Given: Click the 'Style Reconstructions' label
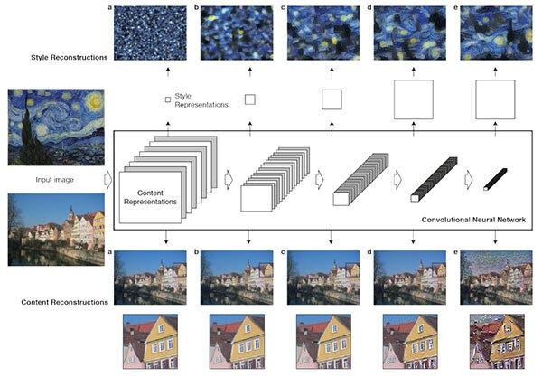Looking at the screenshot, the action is point(70,58).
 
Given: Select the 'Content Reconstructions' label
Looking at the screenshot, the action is point(65,302).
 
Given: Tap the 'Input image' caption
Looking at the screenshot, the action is point(54,180).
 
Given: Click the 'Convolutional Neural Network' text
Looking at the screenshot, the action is point(473,220).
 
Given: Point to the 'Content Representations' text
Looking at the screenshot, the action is point(150,197).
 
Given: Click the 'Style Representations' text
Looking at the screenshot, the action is point(201,100).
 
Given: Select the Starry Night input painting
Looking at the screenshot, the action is point(56,127).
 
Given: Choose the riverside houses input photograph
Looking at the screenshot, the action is point(56,230).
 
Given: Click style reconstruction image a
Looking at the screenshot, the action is point(150,33).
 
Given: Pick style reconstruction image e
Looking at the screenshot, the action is point(496,33).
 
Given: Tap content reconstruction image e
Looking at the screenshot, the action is point(496,278).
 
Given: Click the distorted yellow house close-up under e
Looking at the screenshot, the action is point(497,342).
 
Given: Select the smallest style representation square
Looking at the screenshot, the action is point(168,99).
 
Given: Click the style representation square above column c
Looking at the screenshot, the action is point(332,99).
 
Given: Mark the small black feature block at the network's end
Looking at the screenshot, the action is point(495,179).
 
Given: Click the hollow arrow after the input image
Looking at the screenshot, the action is point(108,180).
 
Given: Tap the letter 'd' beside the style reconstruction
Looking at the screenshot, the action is point(369,7).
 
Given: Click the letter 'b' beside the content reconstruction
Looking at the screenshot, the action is point(196,252).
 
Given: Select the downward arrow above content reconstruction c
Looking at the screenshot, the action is point(331,237).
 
